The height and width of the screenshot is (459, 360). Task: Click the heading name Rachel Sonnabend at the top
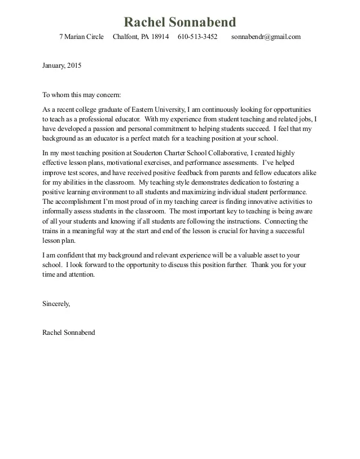tap(180, 22)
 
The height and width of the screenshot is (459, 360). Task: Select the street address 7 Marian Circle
tap(81, 37)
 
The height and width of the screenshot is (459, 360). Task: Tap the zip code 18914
tap(158, 37)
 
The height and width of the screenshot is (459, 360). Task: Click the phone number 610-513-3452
tap(197, 37)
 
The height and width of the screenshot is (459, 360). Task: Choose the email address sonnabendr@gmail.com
tap(266, 37)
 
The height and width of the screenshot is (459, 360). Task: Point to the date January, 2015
tap(62, 65)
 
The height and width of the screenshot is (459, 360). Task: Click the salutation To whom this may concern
tap(82, 95)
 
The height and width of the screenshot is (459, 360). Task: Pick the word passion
tap(104, 129)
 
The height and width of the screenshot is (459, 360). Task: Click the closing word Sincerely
tap(56, 304)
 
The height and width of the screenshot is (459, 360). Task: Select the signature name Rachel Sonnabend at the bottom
tap(69, 333)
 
